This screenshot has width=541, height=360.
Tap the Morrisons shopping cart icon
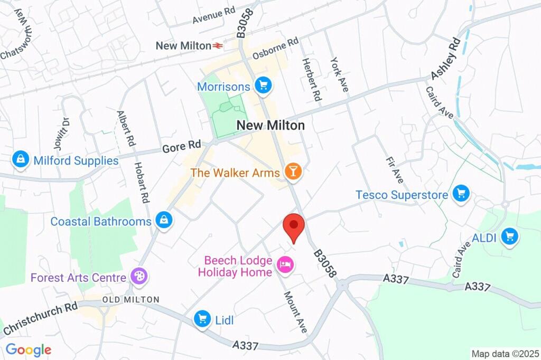(263, 84)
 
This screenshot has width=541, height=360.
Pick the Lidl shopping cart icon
(202, 318)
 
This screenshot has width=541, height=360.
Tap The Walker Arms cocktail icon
(292, 171)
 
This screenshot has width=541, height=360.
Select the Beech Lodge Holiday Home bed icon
(285, 264)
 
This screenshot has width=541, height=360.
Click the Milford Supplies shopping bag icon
(21, 159)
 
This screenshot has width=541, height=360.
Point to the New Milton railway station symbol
(218, 46)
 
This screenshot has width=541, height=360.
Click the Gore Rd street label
(174, 146)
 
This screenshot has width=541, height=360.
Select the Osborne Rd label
(275, 48)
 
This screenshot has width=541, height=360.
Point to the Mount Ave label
(295, 312)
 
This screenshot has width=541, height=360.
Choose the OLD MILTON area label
(130, 300)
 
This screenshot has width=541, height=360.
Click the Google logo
(28, 349)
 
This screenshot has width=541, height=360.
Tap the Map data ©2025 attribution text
(505, 353)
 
